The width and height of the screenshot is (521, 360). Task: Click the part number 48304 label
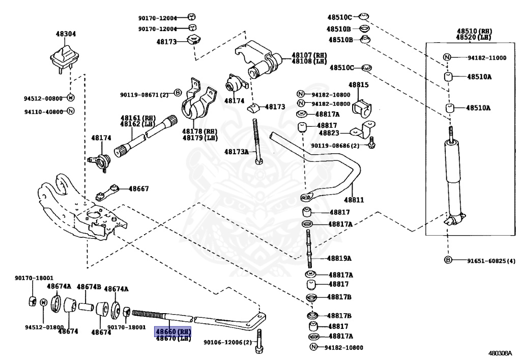pyautogui.click(x=66, y=34)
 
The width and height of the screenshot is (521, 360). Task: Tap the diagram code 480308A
pyautogui.click(x=501, y=352)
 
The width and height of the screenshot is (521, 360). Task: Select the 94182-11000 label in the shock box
pyautogui.click(x=487, y=58)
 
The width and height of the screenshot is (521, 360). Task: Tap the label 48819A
pyautogui.click(x=339, y=258)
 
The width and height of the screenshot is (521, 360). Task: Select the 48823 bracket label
pyautogui.click(x=329, y=133)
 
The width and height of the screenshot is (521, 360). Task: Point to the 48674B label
pyautogui.click(x=89, y=287)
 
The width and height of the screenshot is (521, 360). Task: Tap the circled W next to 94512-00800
pyautogui.click(x=71, y=98)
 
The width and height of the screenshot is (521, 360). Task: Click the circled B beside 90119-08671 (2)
pyautogui.click(x=178, y=93)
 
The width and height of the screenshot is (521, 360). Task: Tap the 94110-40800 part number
pyautogui.click(x=43, y=111)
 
